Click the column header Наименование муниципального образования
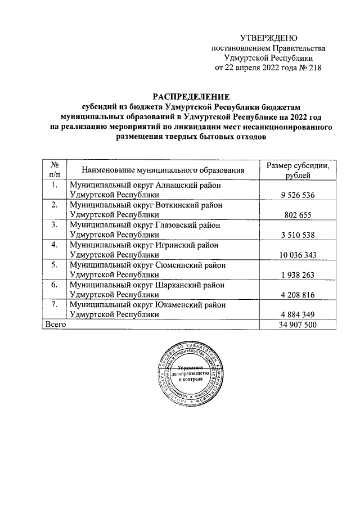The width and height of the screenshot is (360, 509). (163, 170)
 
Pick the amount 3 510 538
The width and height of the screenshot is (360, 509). (298, 235)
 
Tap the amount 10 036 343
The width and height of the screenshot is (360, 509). (298, 255)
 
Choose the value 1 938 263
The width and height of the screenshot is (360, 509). (298, 276)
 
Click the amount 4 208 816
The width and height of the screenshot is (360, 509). (298, 296)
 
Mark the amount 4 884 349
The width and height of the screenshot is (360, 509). (298, 316)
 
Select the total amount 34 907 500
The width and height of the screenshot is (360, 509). (298, 326)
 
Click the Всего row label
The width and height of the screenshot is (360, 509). (56, 325)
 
